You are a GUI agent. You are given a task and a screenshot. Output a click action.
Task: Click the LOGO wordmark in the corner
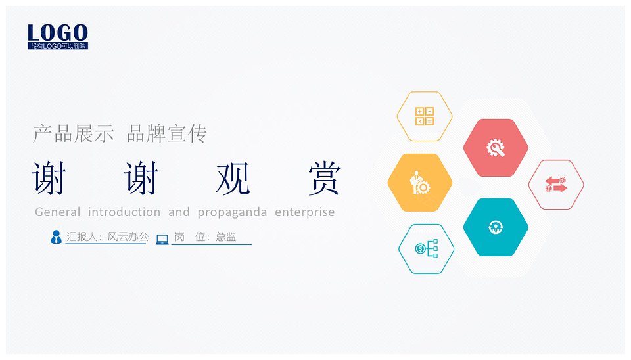tap(58, 32)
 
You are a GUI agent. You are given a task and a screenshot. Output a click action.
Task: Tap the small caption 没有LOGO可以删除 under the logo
tap(58, 46)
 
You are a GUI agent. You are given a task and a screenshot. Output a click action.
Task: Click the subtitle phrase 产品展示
tap(74, 133)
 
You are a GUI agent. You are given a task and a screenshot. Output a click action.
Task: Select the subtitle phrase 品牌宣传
tap(166, 133)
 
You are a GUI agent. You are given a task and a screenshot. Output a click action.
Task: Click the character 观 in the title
tap(233, 178)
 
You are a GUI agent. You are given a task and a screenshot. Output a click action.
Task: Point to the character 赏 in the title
tap(325, 178)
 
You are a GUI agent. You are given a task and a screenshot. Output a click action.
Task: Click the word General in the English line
tap(58, 212)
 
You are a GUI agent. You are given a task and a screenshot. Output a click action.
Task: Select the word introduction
tap(124, 212)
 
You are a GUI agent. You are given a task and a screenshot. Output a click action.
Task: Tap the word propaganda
tap(232, 212)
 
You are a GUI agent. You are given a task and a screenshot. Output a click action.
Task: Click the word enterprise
tap(304, 212)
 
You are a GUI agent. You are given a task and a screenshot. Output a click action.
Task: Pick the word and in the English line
tap(179, 212)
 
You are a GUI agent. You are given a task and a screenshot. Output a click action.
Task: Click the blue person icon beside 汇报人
tap(56, 237)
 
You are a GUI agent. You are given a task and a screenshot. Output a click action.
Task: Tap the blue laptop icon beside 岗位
tap(162, 239)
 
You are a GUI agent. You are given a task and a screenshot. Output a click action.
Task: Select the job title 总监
tap(225, 237)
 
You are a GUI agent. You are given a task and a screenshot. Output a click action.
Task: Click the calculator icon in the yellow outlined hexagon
tap(425, 116)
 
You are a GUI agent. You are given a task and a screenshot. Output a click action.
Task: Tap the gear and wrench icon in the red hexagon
tap(496, 148)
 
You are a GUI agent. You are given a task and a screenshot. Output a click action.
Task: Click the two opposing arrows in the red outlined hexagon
tap(556, 185)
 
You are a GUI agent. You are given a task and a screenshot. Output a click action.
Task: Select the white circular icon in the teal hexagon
tap(496, 227)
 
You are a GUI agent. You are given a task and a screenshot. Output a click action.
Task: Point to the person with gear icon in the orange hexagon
tap(420, 183)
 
